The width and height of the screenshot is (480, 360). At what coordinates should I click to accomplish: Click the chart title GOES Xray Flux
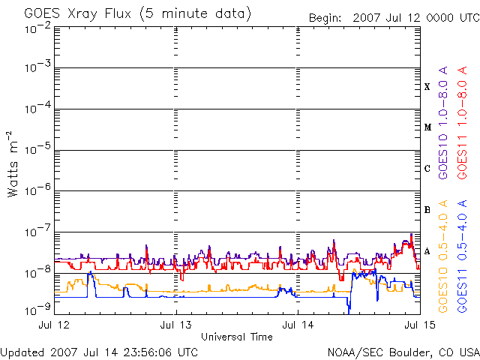coord(78,14)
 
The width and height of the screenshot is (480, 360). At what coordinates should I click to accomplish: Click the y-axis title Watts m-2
coord(12,164)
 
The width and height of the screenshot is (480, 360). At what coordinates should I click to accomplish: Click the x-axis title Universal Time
coord(237,337)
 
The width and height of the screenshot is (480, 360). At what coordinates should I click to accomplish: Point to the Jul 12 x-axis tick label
coord(54,325)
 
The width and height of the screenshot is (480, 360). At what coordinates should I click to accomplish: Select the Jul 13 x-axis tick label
coord(176,325)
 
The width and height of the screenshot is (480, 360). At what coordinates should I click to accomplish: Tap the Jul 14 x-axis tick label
coord(298,325)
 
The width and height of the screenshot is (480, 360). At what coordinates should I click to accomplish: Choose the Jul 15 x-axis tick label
coord(420,325)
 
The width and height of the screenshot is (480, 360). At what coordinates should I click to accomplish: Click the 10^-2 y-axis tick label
coord(38,28)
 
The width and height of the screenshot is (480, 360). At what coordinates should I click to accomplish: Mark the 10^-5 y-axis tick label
coord(38,148)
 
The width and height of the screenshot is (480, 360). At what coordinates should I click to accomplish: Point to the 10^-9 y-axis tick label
coord(38,310)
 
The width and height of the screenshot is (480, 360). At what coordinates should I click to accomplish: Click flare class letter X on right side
coord(427,87)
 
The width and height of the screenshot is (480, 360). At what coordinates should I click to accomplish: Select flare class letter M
coord(427,127)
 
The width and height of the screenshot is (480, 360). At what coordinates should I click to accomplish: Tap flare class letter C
coord(427,168)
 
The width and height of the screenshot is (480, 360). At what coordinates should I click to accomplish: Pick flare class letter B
coord(427,210)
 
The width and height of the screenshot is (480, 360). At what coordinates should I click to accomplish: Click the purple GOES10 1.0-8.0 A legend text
coord(443,123)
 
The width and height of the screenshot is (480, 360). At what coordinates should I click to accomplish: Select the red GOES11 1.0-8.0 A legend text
coord(462,123)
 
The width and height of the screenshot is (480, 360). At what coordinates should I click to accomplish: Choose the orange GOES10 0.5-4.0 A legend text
coord(443,256)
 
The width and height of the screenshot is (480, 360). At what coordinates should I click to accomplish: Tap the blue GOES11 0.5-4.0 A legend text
coord(462,256)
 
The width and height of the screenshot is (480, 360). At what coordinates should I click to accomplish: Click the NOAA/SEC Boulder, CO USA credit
coord(403,353)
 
